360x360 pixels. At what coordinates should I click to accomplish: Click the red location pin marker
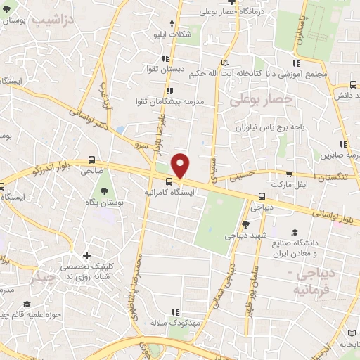(181, 166)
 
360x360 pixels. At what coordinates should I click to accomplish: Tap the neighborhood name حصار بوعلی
(260, 101)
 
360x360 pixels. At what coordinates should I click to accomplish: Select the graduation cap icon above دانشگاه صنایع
(293, 232)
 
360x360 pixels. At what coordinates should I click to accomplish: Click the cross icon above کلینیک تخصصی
(86, 255)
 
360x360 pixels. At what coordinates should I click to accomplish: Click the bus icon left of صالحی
(92, 160)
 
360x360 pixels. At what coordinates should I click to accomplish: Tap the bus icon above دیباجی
(262, 196)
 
